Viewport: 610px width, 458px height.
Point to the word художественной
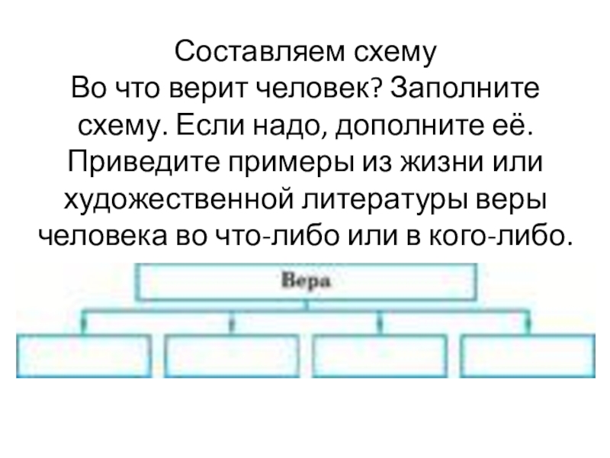pyautogui.click(x=181, y=198)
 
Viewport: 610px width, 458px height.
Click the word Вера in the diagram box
pyautogui.click(x=305, y=281)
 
